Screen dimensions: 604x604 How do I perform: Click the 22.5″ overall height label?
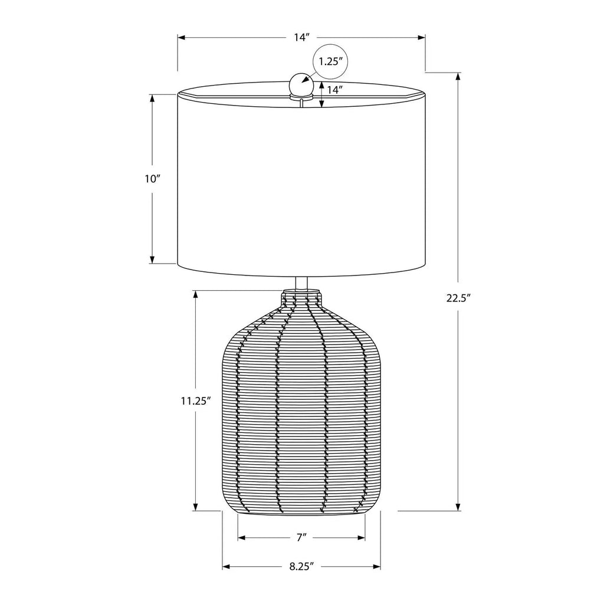coord(459,298)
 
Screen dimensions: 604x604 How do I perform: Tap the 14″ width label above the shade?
coord(303,37)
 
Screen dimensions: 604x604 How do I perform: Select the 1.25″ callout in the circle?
coord(330,61)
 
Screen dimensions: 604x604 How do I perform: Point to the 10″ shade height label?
coord(152,179)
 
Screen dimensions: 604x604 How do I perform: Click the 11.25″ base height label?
coord(196,401)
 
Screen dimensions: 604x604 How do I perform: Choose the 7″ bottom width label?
coord(301,537)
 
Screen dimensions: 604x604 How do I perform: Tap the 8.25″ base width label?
coord(302,567)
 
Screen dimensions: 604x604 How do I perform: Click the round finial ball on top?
coord(301,84)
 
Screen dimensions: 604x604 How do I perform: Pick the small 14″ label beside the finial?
coord(335,90)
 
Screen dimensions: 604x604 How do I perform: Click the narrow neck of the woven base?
coord(301,298)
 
